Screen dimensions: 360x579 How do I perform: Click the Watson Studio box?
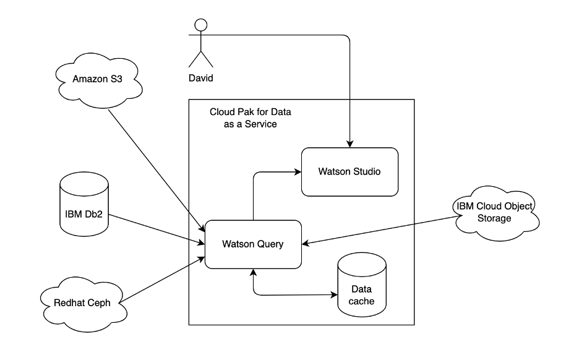click(x=349, y=171)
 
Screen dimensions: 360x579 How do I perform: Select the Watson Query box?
click(x=252, y=244)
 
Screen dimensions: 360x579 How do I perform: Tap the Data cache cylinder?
click(x=362, y=288)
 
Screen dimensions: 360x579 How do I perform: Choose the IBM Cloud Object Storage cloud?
click(x=494, y=212)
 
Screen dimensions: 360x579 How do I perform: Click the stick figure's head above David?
click(x=200, y=25)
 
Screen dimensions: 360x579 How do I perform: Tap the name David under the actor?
click(x=200, y=79)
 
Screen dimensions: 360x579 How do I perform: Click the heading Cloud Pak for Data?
click(x=251, y=113)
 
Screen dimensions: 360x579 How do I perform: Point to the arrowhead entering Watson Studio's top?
click(x=350, y=144)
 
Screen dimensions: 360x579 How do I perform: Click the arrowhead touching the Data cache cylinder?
click(x=333, y=294)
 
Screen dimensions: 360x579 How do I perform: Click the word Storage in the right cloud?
click(x=494, y=218)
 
